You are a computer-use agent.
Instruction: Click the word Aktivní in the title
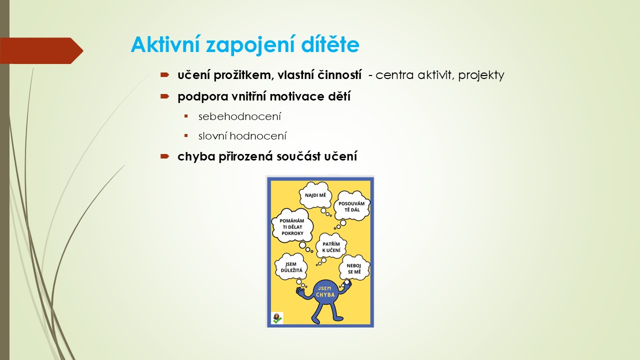pyautogui.click(x=165, y=44)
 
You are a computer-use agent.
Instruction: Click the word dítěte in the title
pyautogui.click(x=330, y=44)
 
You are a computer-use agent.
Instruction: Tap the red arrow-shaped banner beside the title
pyautogui.click(x=41, y=50)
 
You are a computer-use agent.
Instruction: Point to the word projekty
pyautogui.click(x=481, y=75)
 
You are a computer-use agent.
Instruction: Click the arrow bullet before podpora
pyautogui.click(x=165, y=96)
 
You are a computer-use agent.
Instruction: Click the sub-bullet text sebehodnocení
pyautogui.click(x=239, y=116)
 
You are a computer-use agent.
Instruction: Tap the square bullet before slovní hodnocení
pyautogui.click(x=186, y=135)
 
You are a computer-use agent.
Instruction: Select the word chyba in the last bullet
pyautogui.click(x=196, y=156)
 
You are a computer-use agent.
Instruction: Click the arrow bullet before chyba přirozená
pyautogui.click(x=165, y=156)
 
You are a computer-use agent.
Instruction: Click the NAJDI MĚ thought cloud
pyautogui.click(x=315, y=195)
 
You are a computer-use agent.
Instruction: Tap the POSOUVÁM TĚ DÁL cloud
pyautogui.click(x=351, y=206)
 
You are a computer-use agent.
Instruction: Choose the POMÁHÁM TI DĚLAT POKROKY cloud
pyautogui.click(x=292, y=226)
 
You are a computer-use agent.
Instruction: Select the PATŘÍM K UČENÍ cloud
pyautogui.click(x=331, y=247)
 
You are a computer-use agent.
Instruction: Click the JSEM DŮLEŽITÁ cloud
pyautogui.click(x=291, y=267)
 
